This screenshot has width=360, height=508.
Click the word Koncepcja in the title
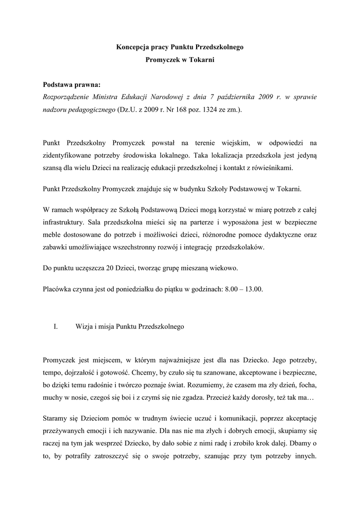click(133, 48)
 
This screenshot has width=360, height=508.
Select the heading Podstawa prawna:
click(72, 85)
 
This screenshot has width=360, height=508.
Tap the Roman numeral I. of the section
click(56, 327)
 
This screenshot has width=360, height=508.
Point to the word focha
click(308, 384)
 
